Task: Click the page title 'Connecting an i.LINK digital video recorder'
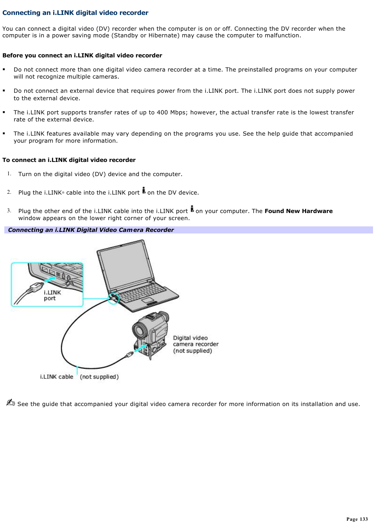pyautogui.click(x=75, y=13)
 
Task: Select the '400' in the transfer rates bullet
pyautogui.click(x=162, y=112)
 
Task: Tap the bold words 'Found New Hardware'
pyautogui.click(x=298, y=211)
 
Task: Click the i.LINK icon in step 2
pyautogui.click(x=144, y=190)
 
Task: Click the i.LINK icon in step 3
pyautogui.click(x=192, y=209)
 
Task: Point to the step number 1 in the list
pyautogui.click(x=9, y=174)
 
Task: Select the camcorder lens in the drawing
pyautogui.click(x=139, y=330)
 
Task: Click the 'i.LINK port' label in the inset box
pyautogui.click(x=52, y=296)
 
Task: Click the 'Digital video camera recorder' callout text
pyautogui.click(x=195, y=344)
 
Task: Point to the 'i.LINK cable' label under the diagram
pyautogui.click(x=57, y=377)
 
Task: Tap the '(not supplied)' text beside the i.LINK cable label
pyautogui.click(x=99, y=377)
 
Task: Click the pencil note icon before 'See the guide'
pyautogui.click(x=10, y=402)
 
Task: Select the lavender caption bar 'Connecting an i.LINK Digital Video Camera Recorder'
pyautogui.click(x=188, y=230)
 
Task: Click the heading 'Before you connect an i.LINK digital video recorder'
pyautogui.click(x=82, y=55)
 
